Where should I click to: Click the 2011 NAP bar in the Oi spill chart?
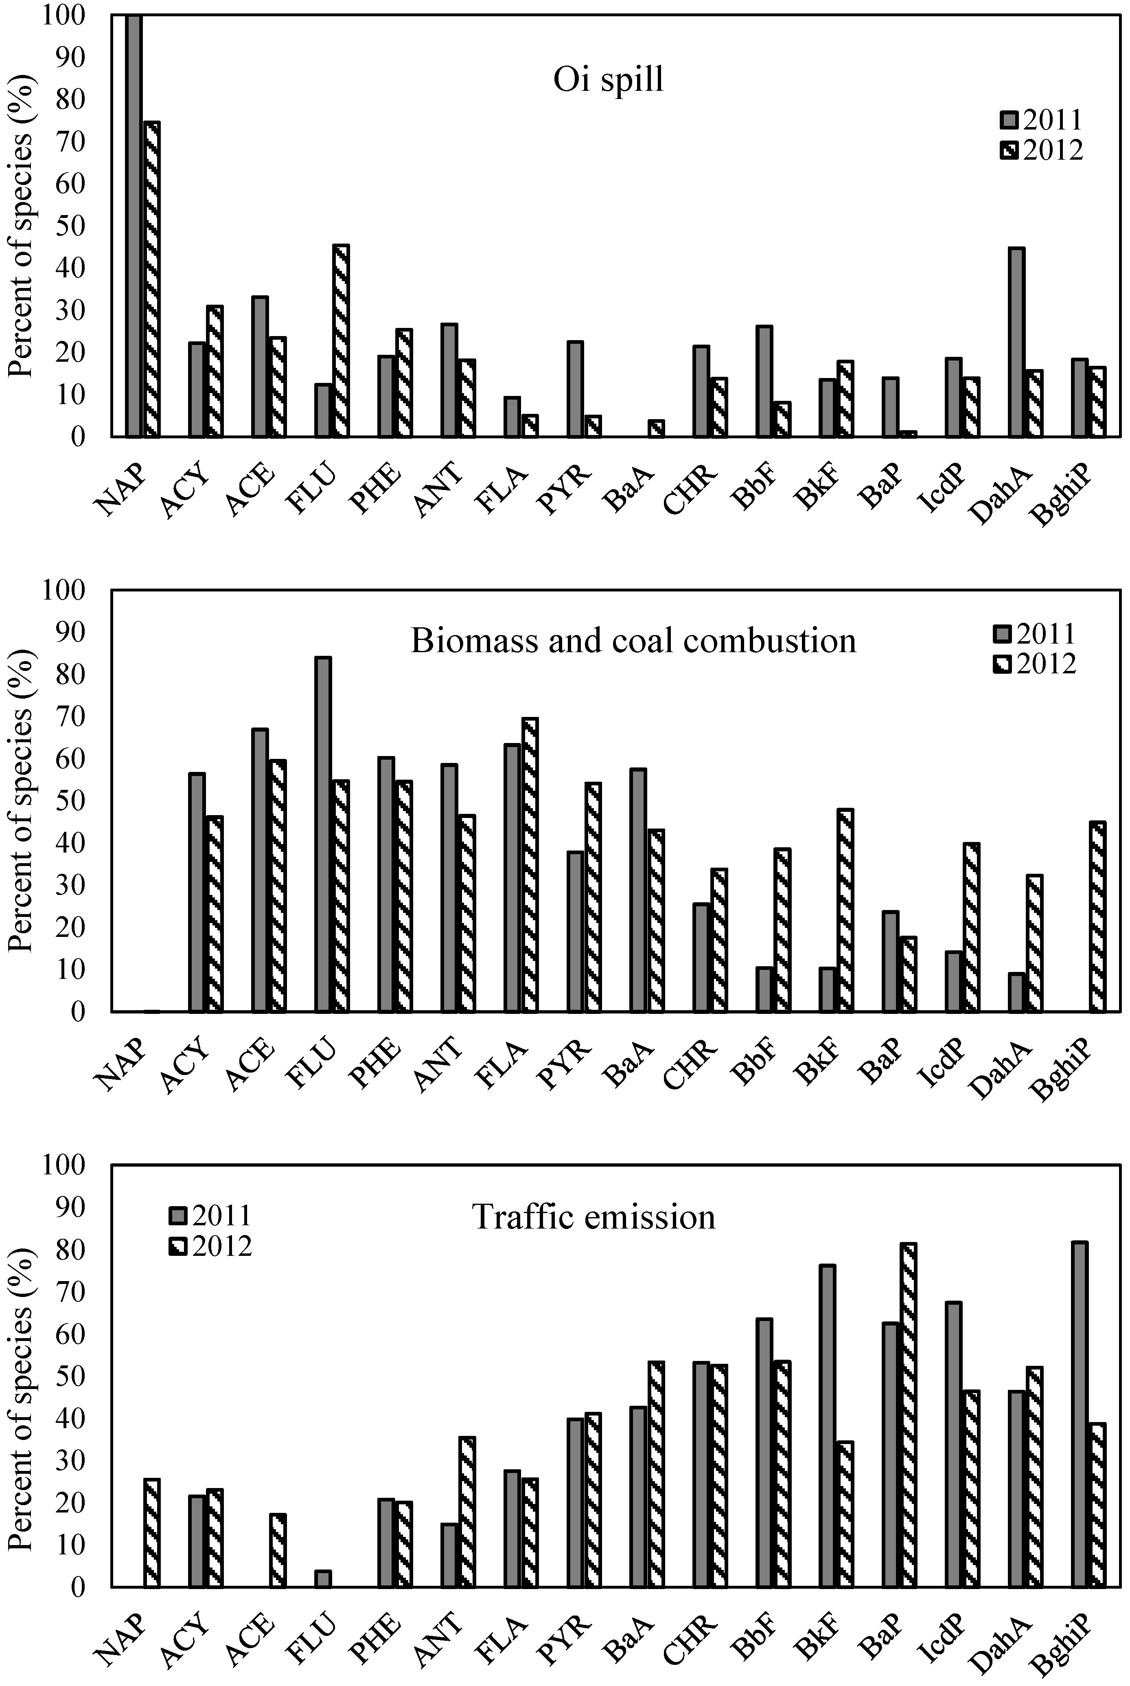(x=134, y=225)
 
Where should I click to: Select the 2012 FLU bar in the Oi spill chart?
(x=341, y=341)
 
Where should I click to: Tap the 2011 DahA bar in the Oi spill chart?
(x=1016, y=342)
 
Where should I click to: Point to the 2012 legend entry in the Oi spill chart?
(x=1041, y=150)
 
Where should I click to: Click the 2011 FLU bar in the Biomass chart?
(x=323, y=834)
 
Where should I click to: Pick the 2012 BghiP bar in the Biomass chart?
(x=1097, y=917)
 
